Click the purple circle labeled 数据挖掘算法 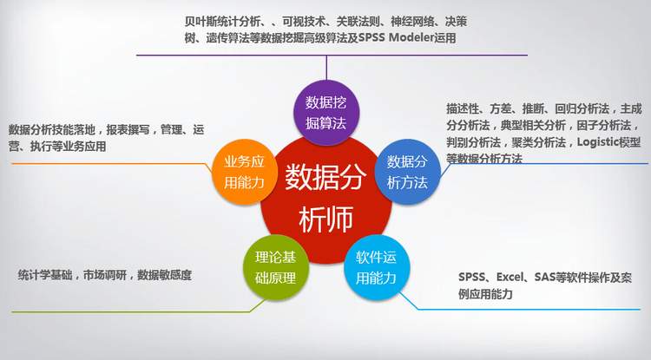[x=326, y=113]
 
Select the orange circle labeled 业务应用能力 [x=245, y=172]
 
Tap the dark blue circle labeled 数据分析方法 [x=408, y=172]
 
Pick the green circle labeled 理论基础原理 [x=276, y=267]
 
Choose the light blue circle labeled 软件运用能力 [x=377, y=267]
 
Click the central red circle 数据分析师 [x=326, y=199]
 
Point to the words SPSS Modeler [x=396, y=38]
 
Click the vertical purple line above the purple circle [x=326, y=68]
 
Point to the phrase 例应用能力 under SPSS [x=486, y=294]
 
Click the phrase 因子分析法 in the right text [x=604, y=125]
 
